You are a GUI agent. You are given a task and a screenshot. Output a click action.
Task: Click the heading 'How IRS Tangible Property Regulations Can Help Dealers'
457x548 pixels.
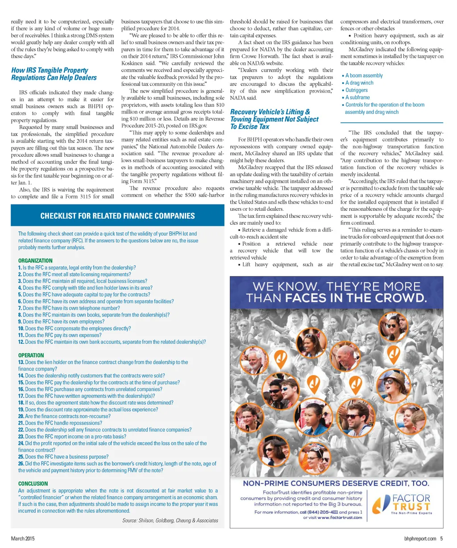(54, 74)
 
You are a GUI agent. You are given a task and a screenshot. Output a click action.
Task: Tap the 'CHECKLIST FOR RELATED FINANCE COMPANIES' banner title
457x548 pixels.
(117, 216)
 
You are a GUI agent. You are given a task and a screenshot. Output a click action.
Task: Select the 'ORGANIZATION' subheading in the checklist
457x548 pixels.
(35, 260)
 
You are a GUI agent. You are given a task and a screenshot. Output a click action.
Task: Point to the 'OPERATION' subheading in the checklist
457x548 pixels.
(31, 355)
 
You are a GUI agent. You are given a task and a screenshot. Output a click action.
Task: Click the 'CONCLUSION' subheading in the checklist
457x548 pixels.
(33, 483)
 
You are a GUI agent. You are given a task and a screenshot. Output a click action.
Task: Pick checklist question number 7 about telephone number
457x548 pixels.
(69, 308)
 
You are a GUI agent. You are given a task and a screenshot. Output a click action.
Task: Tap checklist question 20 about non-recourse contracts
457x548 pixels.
(64, 416)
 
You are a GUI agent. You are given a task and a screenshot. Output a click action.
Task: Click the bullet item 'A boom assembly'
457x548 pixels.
(364, 75)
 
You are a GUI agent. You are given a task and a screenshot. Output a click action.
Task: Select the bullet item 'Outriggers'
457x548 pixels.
(356, 90)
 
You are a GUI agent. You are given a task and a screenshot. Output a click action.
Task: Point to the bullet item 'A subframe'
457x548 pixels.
(357, 97)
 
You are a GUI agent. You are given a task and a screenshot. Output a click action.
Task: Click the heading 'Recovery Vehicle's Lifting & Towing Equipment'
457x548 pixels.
(274, 119)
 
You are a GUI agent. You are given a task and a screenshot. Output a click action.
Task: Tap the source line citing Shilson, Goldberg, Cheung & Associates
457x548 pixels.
(170, 520)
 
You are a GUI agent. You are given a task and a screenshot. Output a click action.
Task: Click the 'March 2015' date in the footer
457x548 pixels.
(23, 539)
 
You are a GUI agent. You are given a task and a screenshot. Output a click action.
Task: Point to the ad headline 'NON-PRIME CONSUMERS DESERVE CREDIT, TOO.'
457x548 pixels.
(336, 483)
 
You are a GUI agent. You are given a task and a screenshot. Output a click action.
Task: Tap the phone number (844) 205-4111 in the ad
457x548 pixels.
(318, 512)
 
